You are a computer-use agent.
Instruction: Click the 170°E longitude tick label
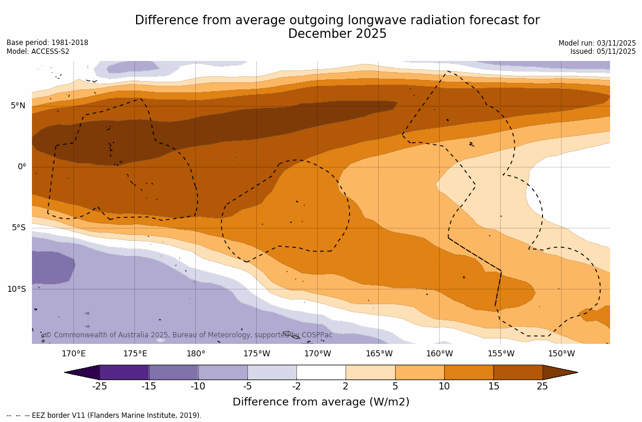(x=73, y=354)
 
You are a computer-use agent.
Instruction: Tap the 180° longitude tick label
(x=195, y=354)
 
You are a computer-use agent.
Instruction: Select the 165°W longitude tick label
(x=379, y=354)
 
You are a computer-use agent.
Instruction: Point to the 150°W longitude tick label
(x=561, y=354)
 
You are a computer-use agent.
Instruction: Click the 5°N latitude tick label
(x=18, y=106)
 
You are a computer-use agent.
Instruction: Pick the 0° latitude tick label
(x=22, y=167)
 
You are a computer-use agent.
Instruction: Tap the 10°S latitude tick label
(x=17, y=289)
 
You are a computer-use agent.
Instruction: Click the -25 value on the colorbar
(x=99, y=386)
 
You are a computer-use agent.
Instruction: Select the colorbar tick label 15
(x=493, y=386)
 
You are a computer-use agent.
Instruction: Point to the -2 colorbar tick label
(x=296, y=386)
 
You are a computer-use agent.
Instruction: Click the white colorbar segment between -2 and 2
(x=321, y=372)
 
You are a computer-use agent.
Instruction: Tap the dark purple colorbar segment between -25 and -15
(x=124, y=372)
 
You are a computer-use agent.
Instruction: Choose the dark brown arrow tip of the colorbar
(x=559, y=372)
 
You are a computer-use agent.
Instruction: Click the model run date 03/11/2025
(x=616, y=43)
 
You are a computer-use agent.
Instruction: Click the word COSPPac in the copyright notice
(x=317, y=335)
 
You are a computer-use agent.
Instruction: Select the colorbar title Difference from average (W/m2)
(x=321, y=402)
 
